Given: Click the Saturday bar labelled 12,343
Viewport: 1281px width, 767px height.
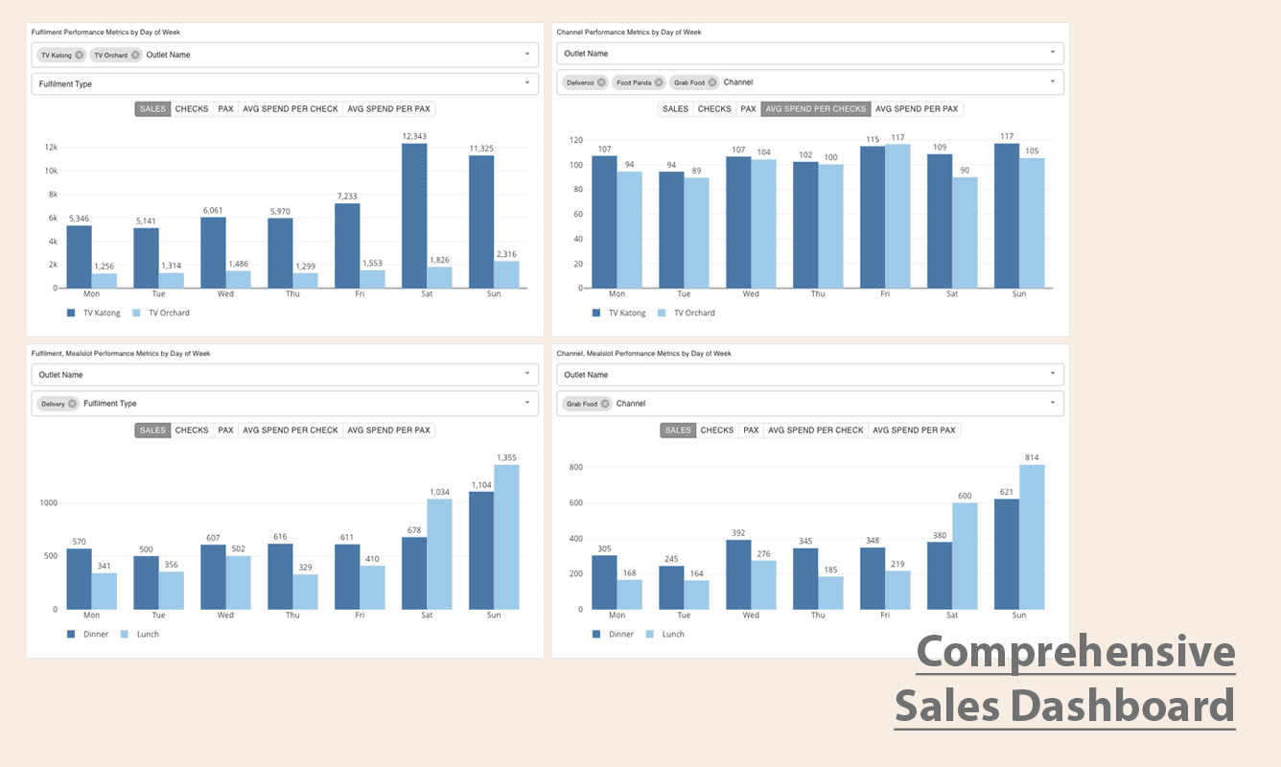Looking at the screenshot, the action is point(414,216).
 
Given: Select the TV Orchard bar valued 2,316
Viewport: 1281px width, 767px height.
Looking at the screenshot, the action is point(506,274).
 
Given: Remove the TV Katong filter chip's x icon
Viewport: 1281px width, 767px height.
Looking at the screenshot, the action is point(80,55).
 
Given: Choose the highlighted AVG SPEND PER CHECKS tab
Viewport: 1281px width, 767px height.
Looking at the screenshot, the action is point(816,108).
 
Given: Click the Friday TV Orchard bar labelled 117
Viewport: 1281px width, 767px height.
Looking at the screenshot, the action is point(897,217).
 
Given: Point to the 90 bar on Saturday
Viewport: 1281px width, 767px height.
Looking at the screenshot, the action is point(965,233).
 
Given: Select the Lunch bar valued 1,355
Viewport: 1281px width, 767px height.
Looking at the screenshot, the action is point(506,537).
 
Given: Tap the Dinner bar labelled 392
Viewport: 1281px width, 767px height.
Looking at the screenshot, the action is point(738,574).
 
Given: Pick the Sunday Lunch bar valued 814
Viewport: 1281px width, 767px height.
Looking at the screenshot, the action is point(1032,537).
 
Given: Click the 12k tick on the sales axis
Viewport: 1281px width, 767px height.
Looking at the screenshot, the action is point(52,147).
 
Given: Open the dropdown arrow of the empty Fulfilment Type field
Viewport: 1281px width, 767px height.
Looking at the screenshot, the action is point(527,83).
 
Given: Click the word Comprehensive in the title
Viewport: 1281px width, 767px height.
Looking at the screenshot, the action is point(1076,651).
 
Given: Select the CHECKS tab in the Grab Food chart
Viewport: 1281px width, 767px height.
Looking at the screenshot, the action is point(716,430).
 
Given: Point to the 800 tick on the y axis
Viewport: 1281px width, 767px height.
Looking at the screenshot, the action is point(576,467).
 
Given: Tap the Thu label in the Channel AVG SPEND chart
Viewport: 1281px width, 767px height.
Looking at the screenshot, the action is point(818,293).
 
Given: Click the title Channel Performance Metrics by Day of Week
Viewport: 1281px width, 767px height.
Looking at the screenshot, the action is point(628,32).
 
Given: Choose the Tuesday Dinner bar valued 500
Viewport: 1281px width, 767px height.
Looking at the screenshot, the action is point(146,583).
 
